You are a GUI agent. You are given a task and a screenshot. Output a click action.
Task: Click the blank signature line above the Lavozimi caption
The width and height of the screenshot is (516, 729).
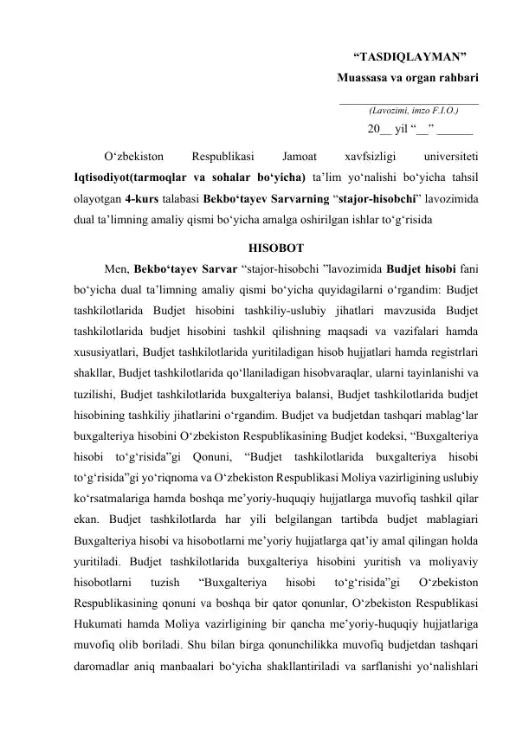tap(408, 103)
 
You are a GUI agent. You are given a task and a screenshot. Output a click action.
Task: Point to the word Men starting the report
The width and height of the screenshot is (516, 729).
tap(113, 265)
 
